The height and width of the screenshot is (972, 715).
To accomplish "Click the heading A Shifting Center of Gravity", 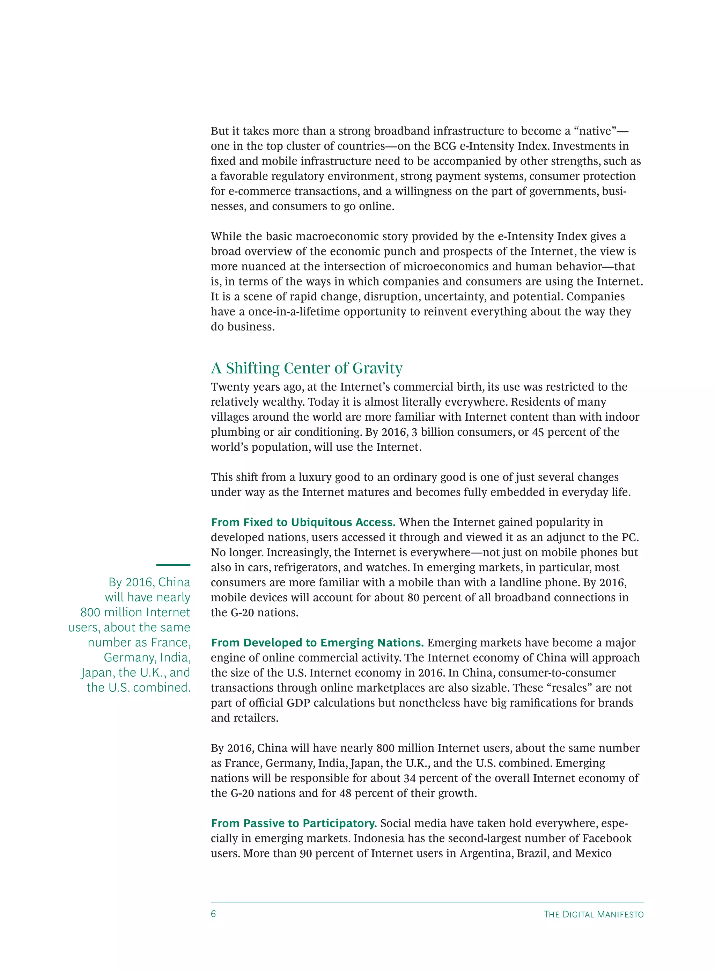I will point(307,368).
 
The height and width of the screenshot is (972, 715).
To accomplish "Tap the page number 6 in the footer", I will point(213,914).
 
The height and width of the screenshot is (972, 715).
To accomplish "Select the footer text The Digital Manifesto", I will point(594,914).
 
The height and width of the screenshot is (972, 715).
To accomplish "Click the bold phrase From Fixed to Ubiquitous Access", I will point(303,522).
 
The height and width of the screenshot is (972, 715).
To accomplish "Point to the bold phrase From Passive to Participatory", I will point(294,824).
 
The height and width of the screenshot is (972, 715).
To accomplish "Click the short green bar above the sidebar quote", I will point(173,565).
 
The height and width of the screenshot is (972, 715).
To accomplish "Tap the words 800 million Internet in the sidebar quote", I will point(135,612).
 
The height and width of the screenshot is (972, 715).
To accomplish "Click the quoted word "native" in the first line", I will point(598,131).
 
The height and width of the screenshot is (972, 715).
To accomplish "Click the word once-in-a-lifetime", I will point(294,312).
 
